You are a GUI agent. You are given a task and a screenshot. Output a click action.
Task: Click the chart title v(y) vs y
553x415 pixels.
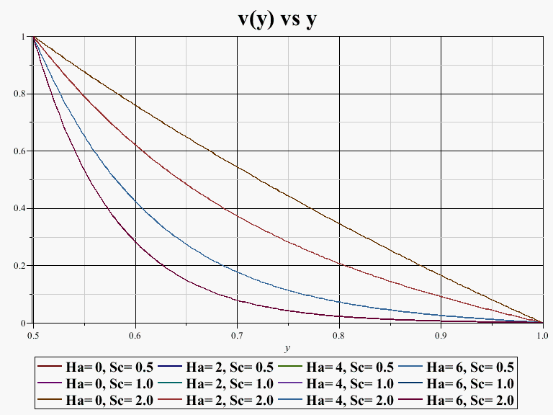pos(276,19)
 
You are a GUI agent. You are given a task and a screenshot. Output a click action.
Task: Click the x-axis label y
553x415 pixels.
pos(287,348)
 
